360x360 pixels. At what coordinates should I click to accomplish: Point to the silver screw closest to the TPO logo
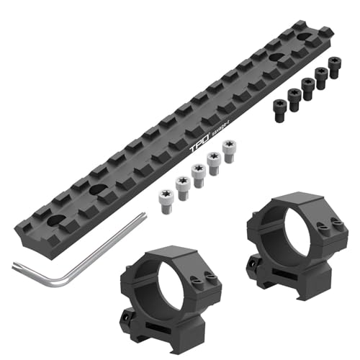[x=228, y=148]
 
